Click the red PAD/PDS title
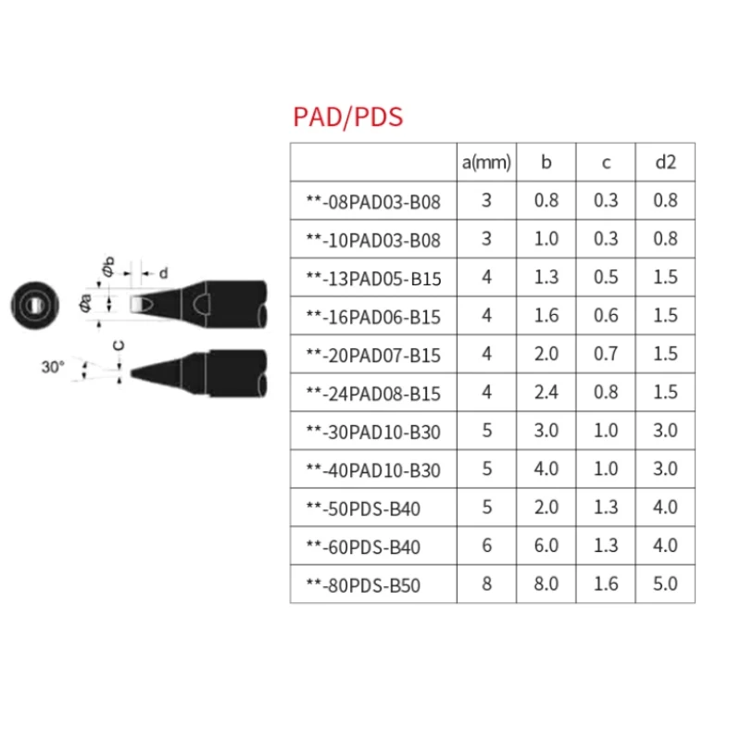coord(347,118)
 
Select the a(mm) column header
coord(486,163)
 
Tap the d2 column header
coord(665,163)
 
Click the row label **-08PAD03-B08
coord(373,201)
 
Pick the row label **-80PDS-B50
coord(368,585)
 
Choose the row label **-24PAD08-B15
coord(373,393)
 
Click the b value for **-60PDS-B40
coord(546,546)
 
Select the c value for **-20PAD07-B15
coord(606,354)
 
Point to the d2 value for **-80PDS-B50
coord(665,584)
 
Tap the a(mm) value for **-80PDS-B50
coord(486,584)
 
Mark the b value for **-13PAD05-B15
coord(546,277)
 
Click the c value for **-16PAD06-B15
coord(606,316)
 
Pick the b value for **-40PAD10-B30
coord(546,470)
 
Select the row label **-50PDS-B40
coord(368,509)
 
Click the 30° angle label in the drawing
coord(53,367)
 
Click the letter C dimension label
coord(118,346)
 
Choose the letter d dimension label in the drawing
coord(164,272)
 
